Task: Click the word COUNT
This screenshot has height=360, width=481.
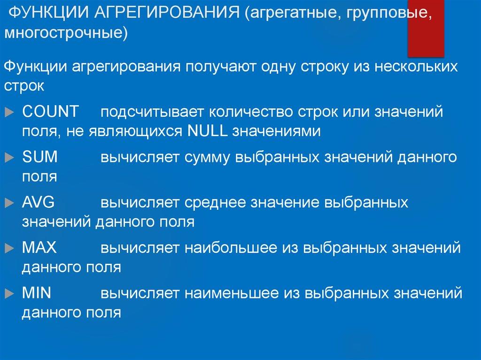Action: point(51,112)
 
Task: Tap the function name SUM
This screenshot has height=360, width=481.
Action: point(40,157)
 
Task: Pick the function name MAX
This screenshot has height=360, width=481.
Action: point(39,247)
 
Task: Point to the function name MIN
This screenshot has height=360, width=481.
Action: point(37,293)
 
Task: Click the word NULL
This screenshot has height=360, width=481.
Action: point(207,131)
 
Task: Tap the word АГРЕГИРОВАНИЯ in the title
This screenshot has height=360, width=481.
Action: point(167,14)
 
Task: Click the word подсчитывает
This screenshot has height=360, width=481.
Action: point(150,113)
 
